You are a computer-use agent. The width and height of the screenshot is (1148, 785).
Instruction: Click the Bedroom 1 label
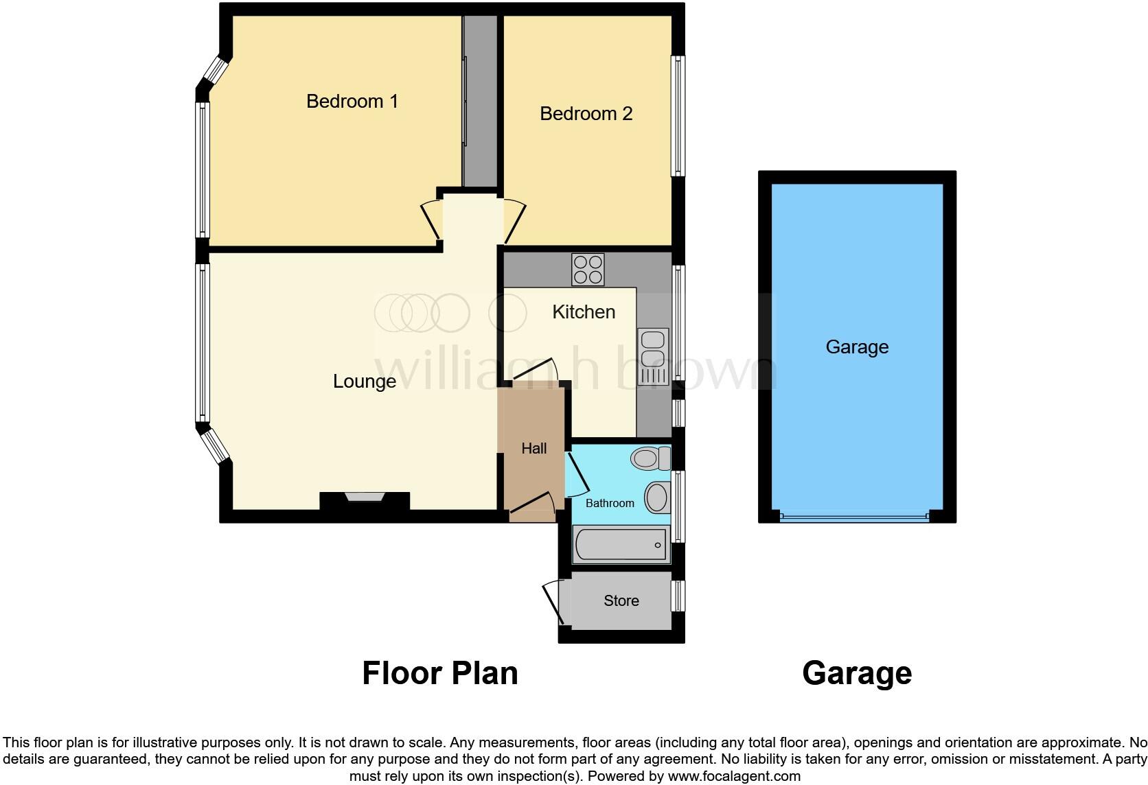[352, 102]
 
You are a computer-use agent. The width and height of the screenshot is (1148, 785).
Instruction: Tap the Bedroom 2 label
[586, 114]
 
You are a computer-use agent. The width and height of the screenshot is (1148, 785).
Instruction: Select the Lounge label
[364, 382]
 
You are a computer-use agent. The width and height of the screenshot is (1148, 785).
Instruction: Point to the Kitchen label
[584, 312]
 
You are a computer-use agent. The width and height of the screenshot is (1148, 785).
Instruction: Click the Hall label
[534, 449]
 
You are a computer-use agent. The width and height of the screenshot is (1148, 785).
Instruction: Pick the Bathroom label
[610, 504]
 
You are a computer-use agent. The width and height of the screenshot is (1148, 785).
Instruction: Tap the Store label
[621, 601]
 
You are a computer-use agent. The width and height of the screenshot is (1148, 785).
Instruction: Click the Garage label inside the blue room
[857, 347]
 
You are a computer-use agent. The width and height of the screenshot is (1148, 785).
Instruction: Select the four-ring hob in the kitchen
[588, 270]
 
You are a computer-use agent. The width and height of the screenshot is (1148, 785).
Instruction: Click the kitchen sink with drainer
[653, 356]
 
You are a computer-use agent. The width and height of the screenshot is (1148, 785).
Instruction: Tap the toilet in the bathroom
[650, 458]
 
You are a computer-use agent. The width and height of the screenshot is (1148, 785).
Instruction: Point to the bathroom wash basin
[657, 497]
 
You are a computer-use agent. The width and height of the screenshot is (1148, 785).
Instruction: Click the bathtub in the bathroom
[621, 545]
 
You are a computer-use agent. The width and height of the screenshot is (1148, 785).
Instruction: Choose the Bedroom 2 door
[514, 221]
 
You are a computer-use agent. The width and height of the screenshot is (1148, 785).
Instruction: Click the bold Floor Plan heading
[440, 673]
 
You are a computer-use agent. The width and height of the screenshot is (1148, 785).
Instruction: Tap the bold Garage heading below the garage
[857, 673]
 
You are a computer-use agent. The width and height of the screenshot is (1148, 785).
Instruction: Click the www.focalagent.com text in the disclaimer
[734, 777]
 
